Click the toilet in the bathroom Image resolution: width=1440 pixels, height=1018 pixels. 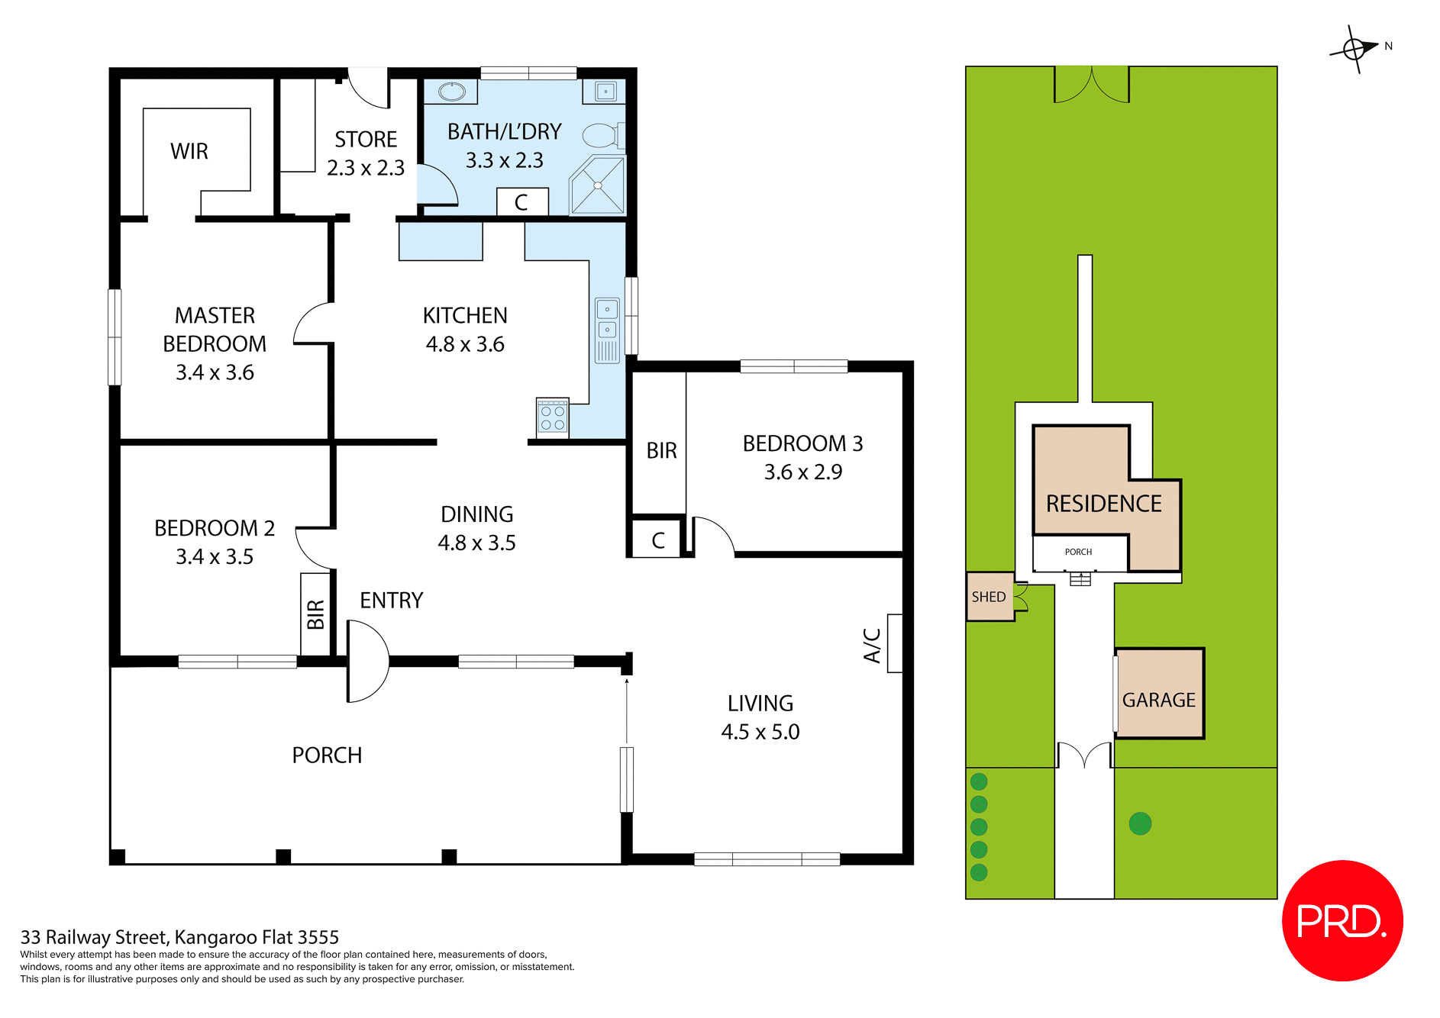pyautogui.click(x=602, y=136)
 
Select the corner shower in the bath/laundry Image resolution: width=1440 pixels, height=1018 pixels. pyautogui.click(x=598, y=185)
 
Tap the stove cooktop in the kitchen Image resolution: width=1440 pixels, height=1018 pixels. pyautogui.click(x=552, y=417)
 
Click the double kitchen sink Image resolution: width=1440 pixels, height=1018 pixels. pyautogui.click(x=607, y=320)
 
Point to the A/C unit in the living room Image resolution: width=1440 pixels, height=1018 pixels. pyautogui.click(x=894, y=643)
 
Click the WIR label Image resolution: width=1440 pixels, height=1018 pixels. pyautogui.click(x=189, y=151)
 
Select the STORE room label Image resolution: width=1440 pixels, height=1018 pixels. pyautogui.click(x=366, y=140)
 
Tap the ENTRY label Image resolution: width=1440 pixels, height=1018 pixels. pyautogui.click(x=391, y=601)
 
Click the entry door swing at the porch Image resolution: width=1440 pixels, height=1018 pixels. pyautogui.click(x=367, y=661)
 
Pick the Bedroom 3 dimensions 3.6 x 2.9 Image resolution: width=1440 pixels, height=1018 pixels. pyautogui.click(x=802, y=472)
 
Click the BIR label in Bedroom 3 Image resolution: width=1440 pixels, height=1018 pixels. pyautogui.click(x=661, y=451)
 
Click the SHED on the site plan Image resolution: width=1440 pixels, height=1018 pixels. pyautogui.click(x=989, y=597)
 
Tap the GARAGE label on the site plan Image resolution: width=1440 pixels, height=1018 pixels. pyautogui.click(x=1158, y=700)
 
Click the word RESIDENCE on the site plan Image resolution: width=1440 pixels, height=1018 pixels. pyautogui.click(x=1103, y=504)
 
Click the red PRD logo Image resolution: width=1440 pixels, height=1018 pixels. pyautogui.click(x=1342, y=920)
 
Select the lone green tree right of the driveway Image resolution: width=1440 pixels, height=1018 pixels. pyautogui.click(x=1140, y=823)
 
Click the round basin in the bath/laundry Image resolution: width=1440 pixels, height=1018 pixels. pyautogui.click(x=452, y=92)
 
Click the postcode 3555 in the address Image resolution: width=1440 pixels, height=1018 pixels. pyautogui.click(x=318, y=937)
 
